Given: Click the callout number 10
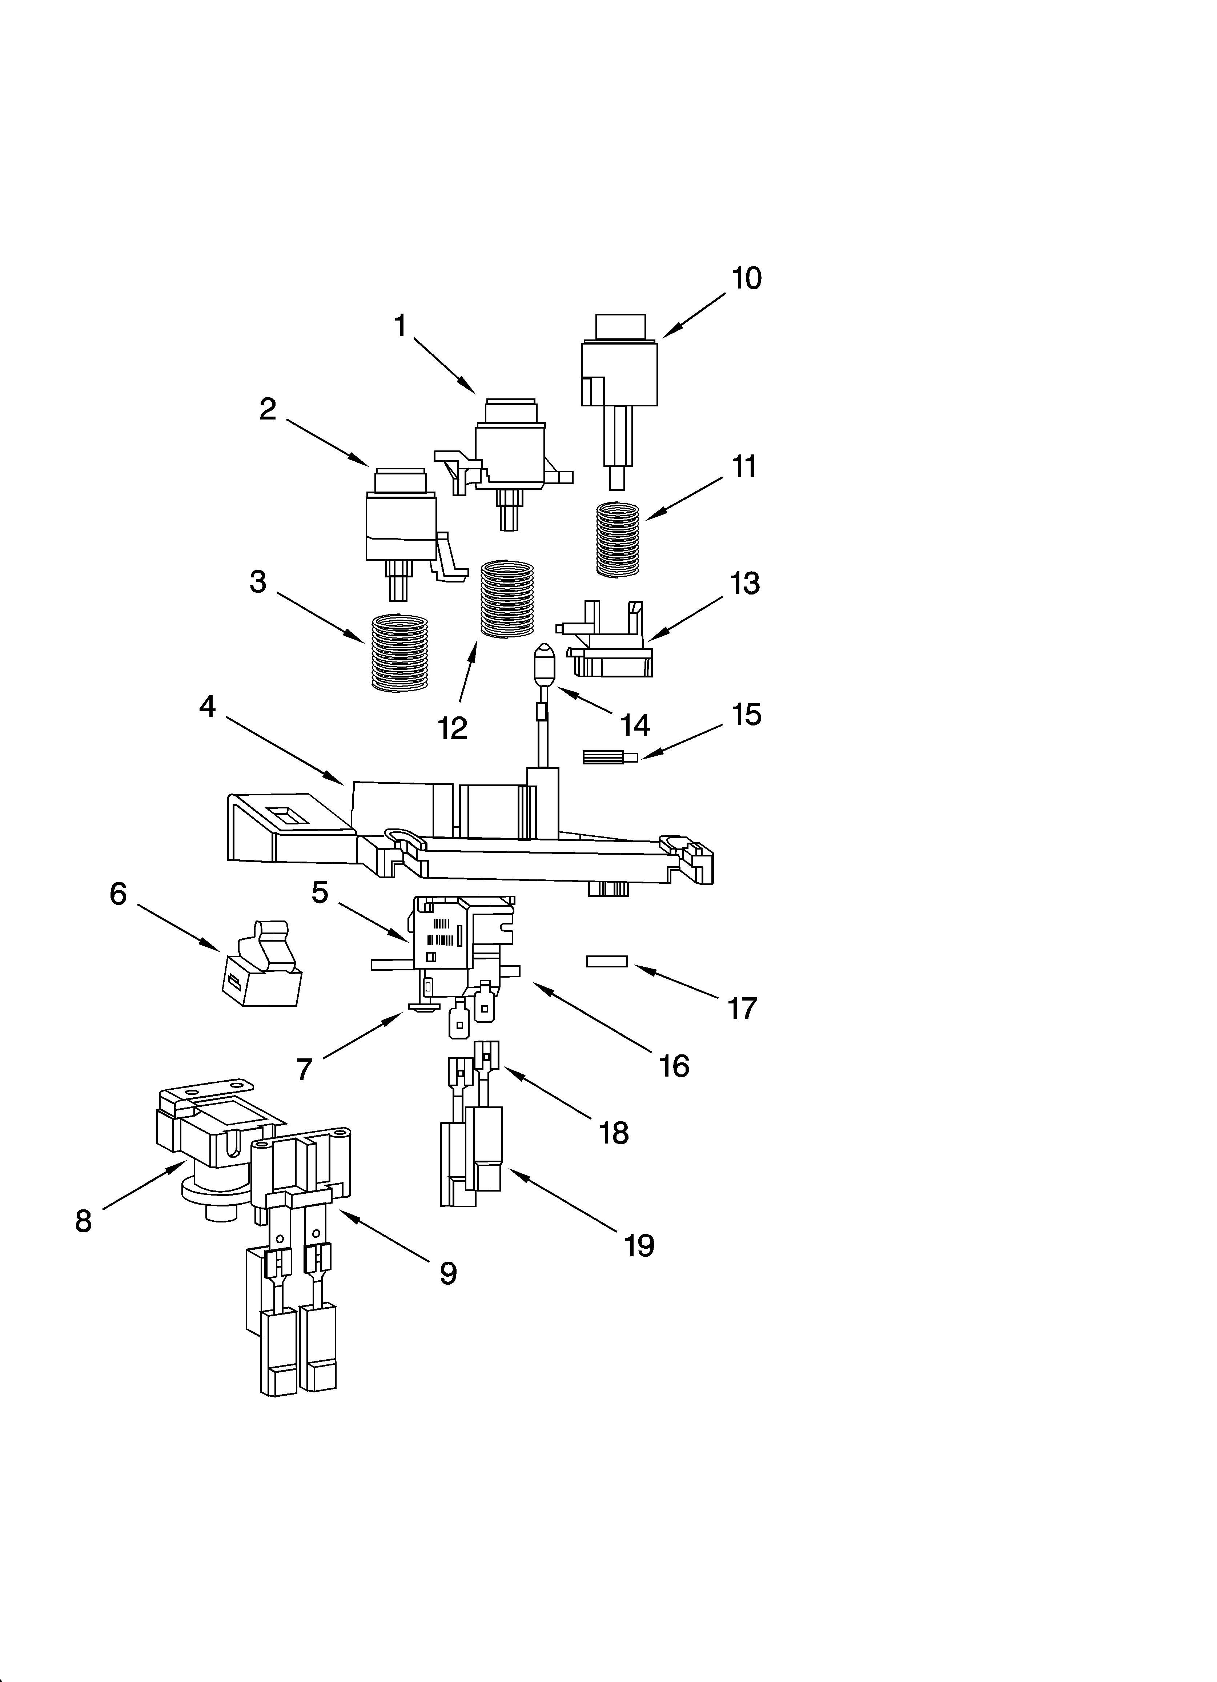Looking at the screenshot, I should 746,279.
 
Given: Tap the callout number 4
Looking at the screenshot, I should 208,707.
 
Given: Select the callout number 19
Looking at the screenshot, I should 639,1246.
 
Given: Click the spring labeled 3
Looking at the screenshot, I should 399,653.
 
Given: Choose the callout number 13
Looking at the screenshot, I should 745,584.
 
